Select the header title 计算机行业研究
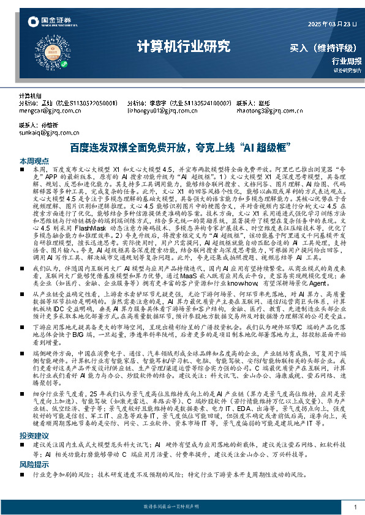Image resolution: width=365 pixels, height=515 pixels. click(183, 45)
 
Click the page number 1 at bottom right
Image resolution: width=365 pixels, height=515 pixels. click(355, 508)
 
